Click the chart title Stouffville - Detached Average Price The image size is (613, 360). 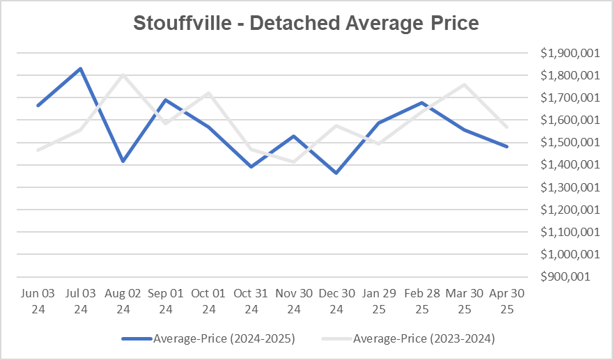(306, 23)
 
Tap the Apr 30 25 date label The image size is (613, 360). (508, 301)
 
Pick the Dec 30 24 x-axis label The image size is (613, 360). (337, 301)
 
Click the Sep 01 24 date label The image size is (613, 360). (166, 301)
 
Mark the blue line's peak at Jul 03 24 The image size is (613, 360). (81, 68)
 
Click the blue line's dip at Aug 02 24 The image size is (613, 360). (123, 161)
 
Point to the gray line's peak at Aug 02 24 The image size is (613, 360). (123, 75)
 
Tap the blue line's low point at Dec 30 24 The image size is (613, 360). (337, 173)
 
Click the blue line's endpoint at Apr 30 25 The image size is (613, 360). (508, 147)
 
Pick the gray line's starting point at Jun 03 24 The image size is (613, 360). (38, 150)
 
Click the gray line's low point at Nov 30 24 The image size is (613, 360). (295, 162)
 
